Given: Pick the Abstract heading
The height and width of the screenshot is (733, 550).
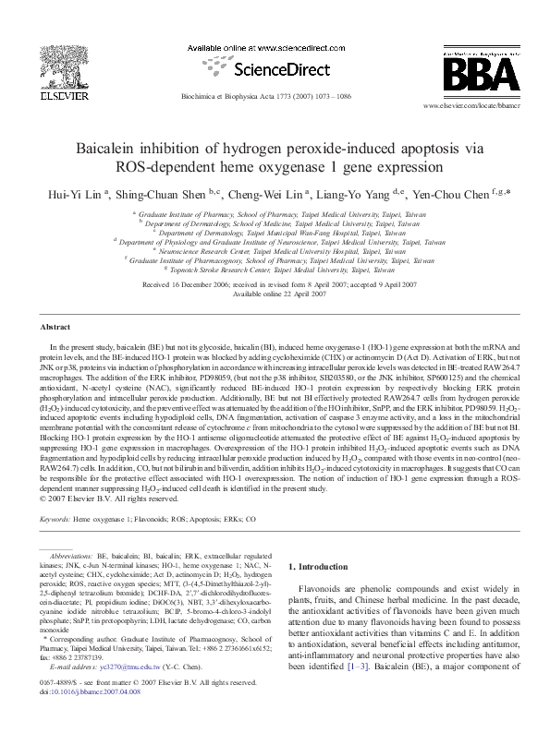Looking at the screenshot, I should point(55,327).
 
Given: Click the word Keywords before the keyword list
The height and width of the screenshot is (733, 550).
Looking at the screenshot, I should point(55,520).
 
